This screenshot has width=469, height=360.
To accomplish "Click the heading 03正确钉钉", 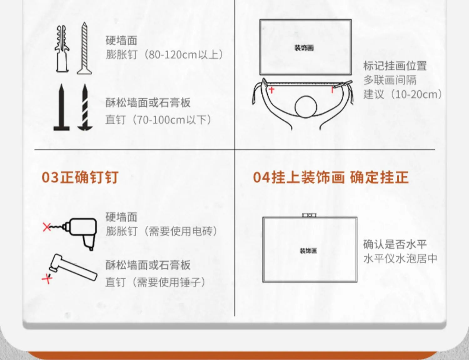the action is (80, 177).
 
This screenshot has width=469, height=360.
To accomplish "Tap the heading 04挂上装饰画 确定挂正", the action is (331, 177).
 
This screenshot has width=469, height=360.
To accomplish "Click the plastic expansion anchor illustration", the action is (62, 49).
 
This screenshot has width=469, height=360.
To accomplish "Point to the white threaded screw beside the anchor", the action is (84, 48).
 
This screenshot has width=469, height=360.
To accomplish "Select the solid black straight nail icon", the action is (62, 107).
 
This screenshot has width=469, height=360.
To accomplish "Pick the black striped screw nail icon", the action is (85, 107).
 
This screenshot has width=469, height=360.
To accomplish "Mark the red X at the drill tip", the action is (47, 227).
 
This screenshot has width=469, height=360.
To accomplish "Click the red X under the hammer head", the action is (47, 279).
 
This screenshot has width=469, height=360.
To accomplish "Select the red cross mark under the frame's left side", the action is (271, 90).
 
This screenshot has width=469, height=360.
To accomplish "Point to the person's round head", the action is (306, 107).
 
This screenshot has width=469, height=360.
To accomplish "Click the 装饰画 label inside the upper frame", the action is (304, 48).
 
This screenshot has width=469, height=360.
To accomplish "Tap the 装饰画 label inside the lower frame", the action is (308, 251).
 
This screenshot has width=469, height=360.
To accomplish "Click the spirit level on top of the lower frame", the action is (309, 215).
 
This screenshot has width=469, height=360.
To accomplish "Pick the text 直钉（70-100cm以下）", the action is (159, 120).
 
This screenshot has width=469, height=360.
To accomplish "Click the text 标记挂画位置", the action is (395, 66).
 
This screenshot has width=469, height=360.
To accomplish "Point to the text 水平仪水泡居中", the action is (400, 259).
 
